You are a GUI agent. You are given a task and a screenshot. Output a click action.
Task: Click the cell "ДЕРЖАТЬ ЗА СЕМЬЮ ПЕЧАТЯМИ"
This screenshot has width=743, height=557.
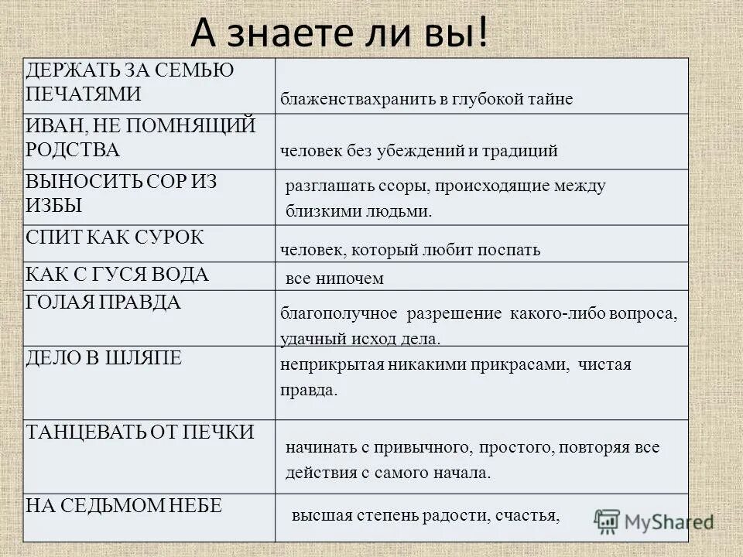pos(130,82)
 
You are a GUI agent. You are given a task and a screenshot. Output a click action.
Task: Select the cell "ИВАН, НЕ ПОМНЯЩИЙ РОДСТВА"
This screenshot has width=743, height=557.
pos(140,137)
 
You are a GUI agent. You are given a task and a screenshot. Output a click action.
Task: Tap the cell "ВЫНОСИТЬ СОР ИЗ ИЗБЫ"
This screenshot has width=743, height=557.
pos(122,193)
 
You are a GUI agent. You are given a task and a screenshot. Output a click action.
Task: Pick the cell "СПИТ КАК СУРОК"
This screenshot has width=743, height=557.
pos(115,237)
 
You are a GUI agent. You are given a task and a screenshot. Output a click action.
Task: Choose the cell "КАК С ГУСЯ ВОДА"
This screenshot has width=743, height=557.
pos(118,274)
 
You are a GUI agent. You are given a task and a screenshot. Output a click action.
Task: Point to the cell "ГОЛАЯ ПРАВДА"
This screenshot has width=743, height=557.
pos(104,302)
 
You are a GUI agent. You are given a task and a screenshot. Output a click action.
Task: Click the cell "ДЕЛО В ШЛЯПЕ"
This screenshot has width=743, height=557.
pos(104,357)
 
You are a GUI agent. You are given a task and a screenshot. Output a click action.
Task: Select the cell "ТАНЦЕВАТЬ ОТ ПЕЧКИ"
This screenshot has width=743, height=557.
pos(140,432)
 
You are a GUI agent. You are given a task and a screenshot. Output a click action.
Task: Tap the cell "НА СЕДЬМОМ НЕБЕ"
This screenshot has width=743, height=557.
pos(124,506)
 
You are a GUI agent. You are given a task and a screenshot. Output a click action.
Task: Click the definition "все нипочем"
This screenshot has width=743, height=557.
pos(334,278)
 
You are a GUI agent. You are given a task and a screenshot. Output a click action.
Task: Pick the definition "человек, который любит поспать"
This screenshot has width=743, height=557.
pos(410,250)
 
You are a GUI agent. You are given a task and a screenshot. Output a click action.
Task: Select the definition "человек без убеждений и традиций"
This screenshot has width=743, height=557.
pos(419,151)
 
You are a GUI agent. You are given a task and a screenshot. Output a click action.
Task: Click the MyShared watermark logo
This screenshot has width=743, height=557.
pos(655,520)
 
